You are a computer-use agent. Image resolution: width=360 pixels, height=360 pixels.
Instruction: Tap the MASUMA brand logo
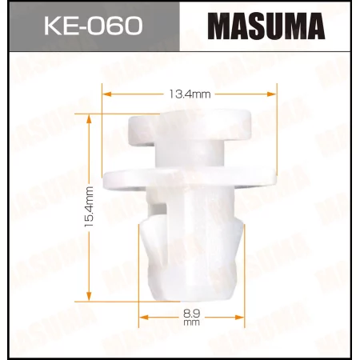pos(267,27)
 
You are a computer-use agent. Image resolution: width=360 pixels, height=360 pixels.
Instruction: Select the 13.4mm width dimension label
pos(190,94)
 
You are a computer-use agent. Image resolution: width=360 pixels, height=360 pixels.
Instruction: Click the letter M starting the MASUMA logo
pos(219,27)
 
